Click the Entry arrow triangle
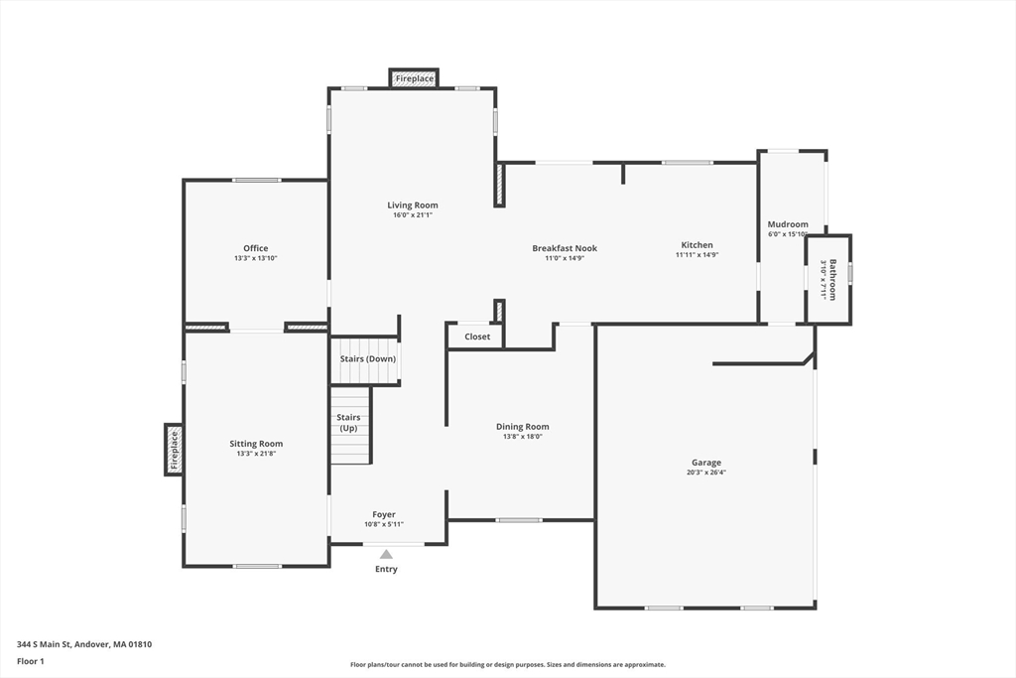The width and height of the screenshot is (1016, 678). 386,554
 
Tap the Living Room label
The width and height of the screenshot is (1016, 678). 413,205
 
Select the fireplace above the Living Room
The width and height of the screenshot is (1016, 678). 414,78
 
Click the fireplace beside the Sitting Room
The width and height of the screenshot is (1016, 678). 174,450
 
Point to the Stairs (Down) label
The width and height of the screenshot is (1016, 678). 367,359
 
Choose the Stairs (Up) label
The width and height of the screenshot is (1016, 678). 348,423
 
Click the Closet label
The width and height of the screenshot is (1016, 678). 477,337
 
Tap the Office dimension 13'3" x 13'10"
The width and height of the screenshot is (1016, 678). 256,258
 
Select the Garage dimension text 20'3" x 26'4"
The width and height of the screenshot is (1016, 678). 706,473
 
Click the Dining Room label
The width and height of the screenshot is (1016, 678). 522,427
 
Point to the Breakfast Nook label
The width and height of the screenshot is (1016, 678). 565,248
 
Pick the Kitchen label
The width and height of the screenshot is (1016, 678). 697,245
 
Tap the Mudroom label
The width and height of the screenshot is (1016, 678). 788,224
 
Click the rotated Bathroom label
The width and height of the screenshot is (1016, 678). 832,280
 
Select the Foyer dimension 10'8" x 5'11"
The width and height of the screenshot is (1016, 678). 384,524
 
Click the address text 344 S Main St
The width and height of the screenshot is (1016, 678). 44,644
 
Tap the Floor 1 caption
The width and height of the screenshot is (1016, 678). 31,662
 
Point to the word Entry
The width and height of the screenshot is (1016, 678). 386,569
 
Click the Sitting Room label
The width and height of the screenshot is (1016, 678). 256,444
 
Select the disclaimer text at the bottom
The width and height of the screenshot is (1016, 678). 508,664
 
